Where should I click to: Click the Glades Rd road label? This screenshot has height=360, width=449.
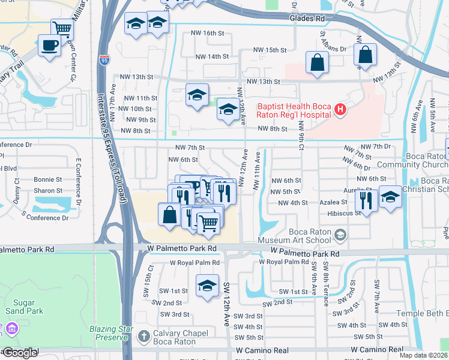pyautogui.click(x=306, y=19)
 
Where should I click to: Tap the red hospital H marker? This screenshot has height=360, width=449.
pyautogui.click(x=340, y=109)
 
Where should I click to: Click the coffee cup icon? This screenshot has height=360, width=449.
pyautogui.click(x=49, y=44)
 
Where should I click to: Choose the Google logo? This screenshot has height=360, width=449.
pyautogui.click(x=20, y=352)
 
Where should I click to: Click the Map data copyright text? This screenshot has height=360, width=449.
pyautogui.click(x=424, y=356)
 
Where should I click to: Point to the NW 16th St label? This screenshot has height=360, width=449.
pyautogui.click(x=207, y=34)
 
